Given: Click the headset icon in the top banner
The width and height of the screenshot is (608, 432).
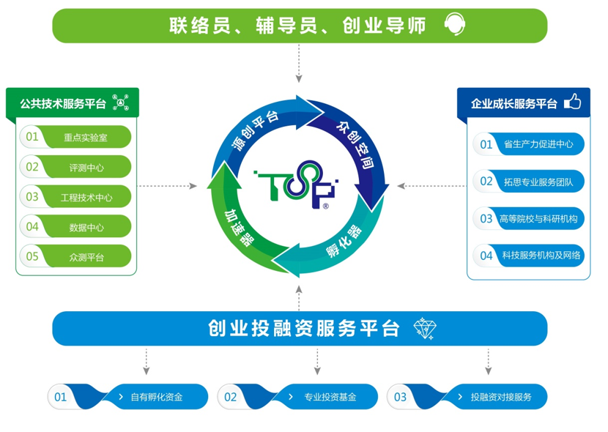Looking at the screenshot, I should tap(454, 26).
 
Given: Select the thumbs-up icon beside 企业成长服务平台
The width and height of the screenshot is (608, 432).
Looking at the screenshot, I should tap(572, 103).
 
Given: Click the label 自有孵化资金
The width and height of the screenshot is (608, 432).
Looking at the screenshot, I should tap(156, 397).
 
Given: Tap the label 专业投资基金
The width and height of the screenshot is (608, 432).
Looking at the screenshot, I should tap(330, 397).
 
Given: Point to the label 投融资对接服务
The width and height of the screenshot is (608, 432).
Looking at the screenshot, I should tap(500, 397).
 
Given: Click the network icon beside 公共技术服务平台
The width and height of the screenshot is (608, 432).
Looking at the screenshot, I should tap(121, 103).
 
